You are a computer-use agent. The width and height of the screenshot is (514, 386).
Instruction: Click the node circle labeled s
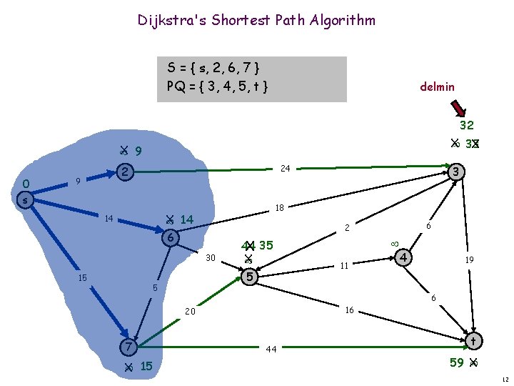(26, 201)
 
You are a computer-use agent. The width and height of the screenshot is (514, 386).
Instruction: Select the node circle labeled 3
(458, 172)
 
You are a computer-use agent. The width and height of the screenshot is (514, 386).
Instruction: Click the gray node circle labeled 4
(404, 257)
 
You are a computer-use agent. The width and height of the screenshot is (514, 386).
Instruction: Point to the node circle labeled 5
(249, 276)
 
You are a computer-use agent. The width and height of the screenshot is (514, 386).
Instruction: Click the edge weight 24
(285, 169)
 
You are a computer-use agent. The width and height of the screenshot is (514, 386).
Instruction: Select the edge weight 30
(211, 257)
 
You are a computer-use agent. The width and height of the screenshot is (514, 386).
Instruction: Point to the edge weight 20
(190, 312)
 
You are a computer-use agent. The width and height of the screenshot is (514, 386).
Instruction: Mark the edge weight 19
(470, 261)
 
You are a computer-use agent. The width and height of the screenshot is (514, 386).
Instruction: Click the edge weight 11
(343, 265)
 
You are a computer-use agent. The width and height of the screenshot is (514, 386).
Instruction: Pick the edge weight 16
(350, 310)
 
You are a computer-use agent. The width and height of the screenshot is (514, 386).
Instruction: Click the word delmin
(437, 86)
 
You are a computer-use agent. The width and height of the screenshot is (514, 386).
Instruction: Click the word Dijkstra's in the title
(169, 20)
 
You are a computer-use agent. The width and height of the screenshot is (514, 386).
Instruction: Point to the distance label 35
(266, 245)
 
